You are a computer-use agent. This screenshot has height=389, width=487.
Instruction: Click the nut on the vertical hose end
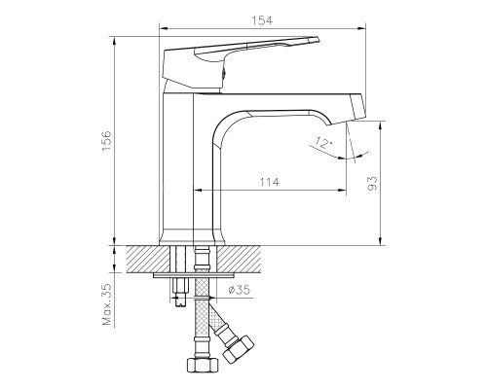pyautogui.click(x=203, y=368)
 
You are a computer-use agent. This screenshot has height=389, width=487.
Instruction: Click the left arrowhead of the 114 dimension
pyautogui.click(x=200, y=187)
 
